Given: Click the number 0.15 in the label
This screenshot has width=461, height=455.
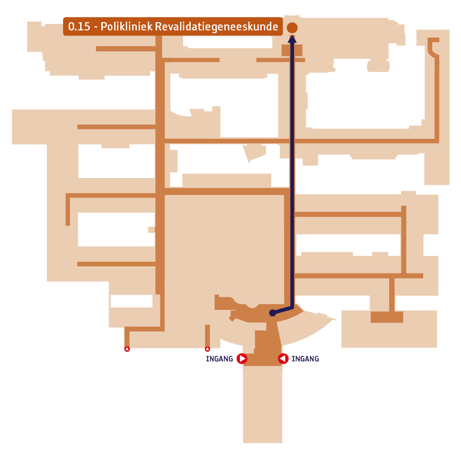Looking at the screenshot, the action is click(x=79, y=26).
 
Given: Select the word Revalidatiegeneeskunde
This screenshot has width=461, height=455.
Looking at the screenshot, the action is click(x=216, y=27).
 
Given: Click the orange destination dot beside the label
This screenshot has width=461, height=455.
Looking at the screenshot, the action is click(x=292, y=28).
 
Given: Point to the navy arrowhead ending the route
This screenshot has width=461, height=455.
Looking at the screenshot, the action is click(x=292, y=39).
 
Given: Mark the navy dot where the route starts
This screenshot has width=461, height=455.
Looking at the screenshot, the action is click(x=273, y=313).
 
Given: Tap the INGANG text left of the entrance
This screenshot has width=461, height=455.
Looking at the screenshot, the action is click(x=219, y=359).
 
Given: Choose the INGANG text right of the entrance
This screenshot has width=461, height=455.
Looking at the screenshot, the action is click(x=305, y=359).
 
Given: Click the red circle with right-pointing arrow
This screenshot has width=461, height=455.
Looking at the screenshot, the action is click(x=242, y=359).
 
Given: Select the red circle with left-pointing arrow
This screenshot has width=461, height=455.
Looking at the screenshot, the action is click(x=283, y=359).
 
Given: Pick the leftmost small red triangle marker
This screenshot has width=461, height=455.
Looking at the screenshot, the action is click(x=127, y=349).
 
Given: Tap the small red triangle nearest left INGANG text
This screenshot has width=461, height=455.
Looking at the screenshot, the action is click(x=207, y=349).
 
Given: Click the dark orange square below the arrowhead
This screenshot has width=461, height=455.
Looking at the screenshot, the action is click(x=292, y=50).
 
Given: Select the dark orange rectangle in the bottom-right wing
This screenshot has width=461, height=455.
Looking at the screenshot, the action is click(x=386, y=317).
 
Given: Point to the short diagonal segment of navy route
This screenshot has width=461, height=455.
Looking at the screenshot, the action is click(x=282, y=310).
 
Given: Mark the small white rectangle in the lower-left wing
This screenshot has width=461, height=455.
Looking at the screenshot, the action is click(x=131, y=301).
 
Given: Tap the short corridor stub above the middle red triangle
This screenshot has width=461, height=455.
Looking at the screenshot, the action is click(x=207, y=336).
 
